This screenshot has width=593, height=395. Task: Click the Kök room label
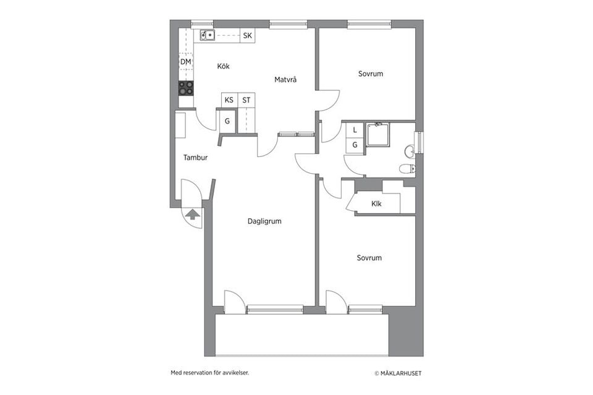223,66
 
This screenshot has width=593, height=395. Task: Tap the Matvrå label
285,80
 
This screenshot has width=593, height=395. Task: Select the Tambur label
196,158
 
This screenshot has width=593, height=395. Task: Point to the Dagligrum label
264,221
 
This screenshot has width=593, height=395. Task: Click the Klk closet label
376,204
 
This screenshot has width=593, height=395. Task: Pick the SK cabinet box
247,36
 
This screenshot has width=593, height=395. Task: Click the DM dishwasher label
185,62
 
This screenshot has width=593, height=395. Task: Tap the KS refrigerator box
229,100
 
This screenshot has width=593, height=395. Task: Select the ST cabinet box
246,100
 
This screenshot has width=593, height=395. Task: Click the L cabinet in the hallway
355,130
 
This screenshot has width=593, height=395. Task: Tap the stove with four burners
186,88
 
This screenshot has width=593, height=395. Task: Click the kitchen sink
207,35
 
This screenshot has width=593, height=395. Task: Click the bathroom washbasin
409,152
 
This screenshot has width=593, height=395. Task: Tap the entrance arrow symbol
193,214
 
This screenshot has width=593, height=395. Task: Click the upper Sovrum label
371,74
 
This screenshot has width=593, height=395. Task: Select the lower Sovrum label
369,258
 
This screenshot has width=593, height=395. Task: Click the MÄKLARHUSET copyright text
398,373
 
